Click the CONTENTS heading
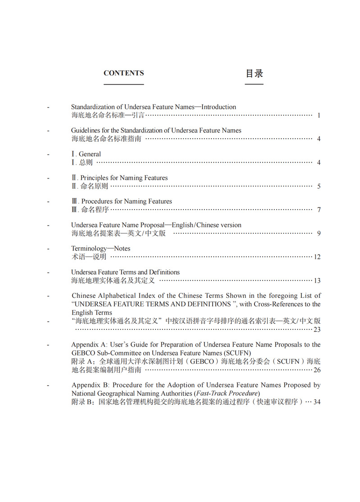(x=123, y=73)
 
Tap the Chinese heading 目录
(x=254, y=73)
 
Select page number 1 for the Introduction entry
(x=319, y=115)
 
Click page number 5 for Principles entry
(x=319, y=186)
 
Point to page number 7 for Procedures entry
(x=319, y=210)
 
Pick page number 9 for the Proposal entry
(x=319, y=233)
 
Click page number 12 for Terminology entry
(x=317, y=257)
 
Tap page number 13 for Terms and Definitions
(x=317, y=280)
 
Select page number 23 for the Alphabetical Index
(x=317, y=329)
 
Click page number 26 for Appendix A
(x=317, y=370)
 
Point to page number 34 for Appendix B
(x=317, y=402)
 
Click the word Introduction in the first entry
(x=219, y=107)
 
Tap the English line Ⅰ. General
(x=86, y=154)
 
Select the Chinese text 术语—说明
(x=89, y=257)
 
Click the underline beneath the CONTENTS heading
(x=123, y=84)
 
